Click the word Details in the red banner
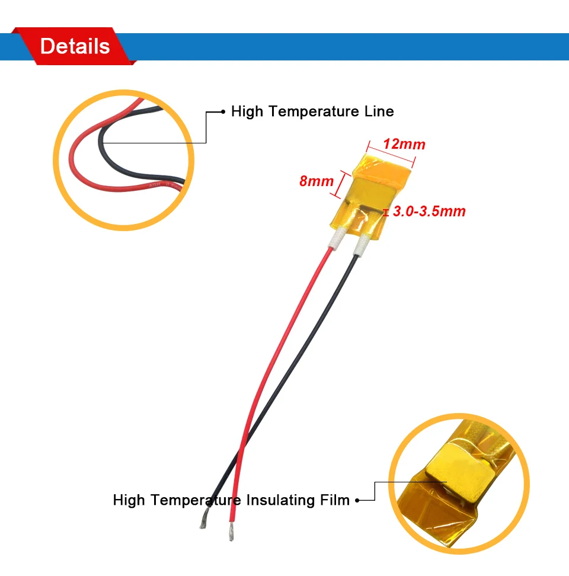point(75,46)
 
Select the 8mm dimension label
point(317,181)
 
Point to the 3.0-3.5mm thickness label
point(429,211)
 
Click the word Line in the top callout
point(379,111)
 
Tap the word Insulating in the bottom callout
point(280,500)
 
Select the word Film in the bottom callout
point(335,500)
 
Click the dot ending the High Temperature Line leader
point(223,111)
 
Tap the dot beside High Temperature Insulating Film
point(358,501)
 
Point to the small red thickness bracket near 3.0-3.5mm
point(386,212)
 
